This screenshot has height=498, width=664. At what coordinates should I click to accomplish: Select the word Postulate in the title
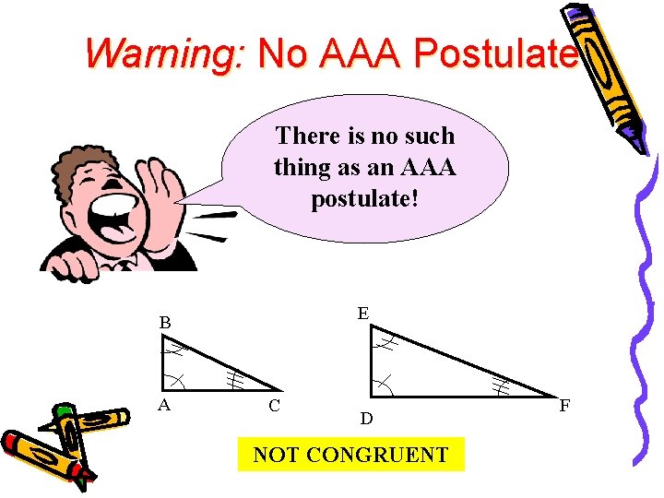tap(495, 54)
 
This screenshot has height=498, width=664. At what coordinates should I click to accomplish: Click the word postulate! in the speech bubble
tap(365, 198)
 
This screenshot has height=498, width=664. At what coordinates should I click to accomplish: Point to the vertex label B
tap(165, 323)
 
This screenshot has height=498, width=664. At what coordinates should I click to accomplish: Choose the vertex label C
tap(275, 405)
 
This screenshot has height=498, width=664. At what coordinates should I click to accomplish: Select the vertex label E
tap(363, 314)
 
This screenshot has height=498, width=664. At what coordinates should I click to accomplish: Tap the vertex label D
tap(366, 419)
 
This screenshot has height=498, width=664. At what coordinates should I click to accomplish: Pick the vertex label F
tap(564, 405)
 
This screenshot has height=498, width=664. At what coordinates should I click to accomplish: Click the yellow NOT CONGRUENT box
tap(350, 455)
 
